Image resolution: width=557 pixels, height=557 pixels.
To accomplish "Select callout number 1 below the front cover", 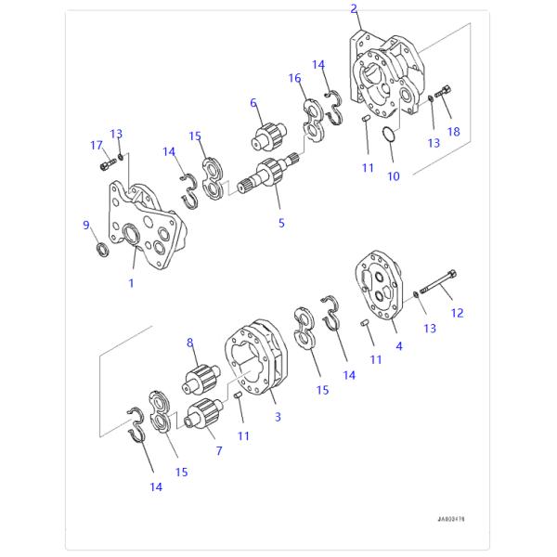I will click(131, 282).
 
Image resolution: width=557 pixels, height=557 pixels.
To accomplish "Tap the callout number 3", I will click(277, 417).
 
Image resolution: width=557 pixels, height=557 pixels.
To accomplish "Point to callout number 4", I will click(399, 346).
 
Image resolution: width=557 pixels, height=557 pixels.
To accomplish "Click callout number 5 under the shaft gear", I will click(281, 223).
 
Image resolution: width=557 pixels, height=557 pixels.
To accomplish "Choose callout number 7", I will click(219, 450).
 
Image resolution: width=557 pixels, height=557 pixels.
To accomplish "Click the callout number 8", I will click(191, 343).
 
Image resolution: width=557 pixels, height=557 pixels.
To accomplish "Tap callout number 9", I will click(86, 225).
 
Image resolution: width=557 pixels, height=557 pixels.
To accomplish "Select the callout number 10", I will click(394, 175).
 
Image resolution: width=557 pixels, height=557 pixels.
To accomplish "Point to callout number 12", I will click(457, 313).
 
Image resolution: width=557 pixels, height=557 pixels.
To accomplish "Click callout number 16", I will click(294, 78).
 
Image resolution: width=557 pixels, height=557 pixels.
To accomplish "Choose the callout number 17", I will click(96, 144).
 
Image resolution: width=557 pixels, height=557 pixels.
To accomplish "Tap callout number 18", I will click(454, 132).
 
